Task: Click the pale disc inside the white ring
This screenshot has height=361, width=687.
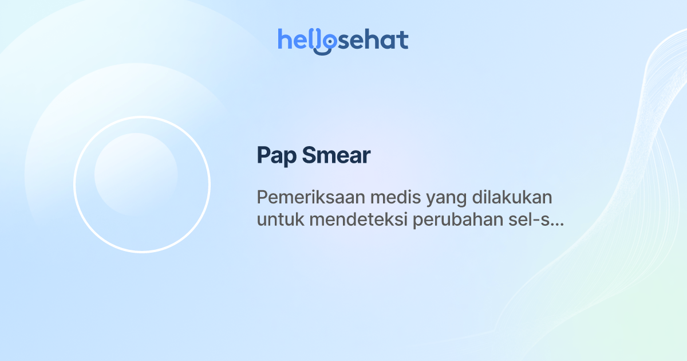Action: pos(136,174)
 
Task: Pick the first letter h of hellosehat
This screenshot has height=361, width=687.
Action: pos(284,40)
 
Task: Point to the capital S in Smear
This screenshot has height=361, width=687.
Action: pos(309,155)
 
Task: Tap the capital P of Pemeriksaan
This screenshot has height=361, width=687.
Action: pos(262,198)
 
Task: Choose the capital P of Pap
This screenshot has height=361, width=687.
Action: pos(263,155)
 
